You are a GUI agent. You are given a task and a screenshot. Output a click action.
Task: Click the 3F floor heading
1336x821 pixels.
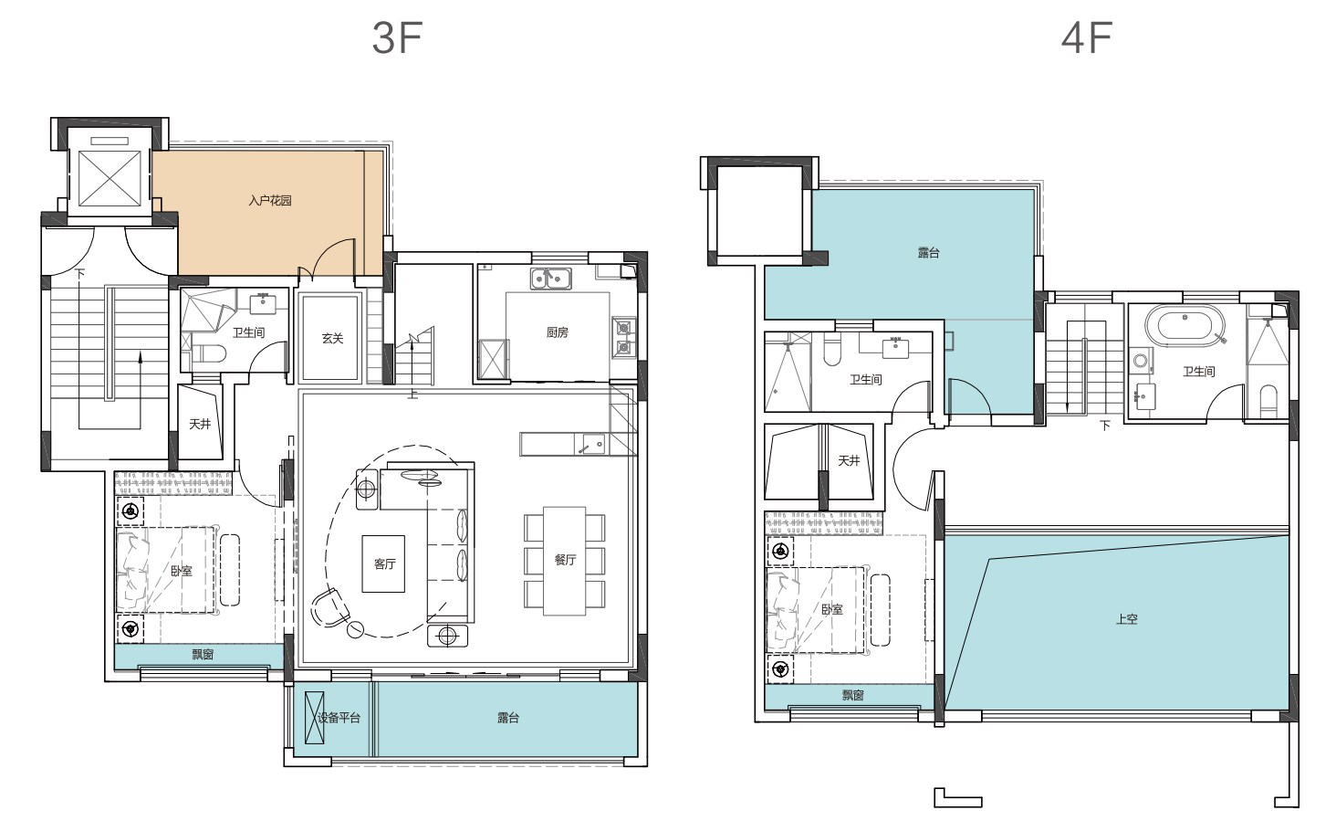click(397, 37)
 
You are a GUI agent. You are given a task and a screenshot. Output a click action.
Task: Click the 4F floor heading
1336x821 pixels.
click(1086, 37)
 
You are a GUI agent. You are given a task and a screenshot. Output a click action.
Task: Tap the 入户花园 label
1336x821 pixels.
click(270, 201)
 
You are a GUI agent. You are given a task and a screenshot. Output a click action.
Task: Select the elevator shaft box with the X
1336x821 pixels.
click(110, 178)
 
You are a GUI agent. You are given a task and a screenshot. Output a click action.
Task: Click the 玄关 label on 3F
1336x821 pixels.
click(333, 338)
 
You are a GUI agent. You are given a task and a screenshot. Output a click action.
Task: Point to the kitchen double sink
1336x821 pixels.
click(550, 279)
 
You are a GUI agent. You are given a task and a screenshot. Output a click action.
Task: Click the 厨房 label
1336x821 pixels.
click(557, 332)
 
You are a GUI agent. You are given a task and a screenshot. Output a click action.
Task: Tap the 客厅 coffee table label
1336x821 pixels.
click(385, 563)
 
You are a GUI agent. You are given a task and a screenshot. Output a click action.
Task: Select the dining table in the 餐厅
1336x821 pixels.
click(564, 561)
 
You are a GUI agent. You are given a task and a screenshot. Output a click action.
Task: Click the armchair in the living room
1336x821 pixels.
click(329, 608)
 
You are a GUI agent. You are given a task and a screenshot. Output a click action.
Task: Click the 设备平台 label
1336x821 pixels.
click(339, 718)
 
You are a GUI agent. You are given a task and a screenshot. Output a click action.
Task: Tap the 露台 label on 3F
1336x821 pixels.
click(508, 718)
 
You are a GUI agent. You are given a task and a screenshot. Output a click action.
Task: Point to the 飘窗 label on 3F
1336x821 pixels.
click(203, 655)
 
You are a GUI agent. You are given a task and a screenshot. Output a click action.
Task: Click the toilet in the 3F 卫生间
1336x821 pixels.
click(209, 353)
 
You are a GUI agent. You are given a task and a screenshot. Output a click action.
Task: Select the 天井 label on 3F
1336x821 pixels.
click(200, 425)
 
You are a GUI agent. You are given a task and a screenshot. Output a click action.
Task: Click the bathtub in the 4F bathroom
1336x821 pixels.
click(1184, 326)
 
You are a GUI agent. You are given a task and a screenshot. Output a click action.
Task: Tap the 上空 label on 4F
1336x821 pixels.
click(1127, 619)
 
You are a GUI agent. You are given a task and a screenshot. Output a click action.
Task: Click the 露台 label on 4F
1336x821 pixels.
click(929, 253)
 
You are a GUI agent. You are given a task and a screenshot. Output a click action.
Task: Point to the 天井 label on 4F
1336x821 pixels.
click(849, 460)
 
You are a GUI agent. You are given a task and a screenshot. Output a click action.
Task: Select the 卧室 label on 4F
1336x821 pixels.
click(832, 609)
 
